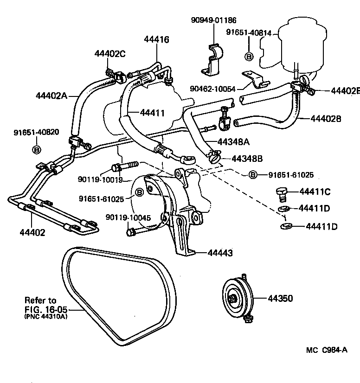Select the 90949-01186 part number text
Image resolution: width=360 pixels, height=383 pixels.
pos(213,20)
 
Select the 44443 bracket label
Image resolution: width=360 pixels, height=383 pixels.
pos(220,253)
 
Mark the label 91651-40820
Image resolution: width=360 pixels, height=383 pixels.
pos(36,132)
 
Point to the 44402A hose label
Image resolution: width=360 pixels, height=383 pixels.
pos(51,96)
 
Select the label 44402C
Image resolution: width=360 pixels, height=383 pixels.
pos(110,53)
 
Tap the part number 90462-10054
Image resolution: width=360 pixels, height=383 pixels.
pos(212,89)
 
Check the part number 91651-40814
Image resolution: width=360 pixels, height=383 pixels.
pos(249,32)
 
